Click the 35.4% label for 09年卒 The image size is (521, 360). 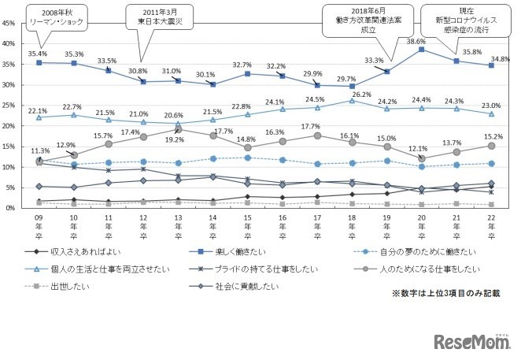pos(39,54)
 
